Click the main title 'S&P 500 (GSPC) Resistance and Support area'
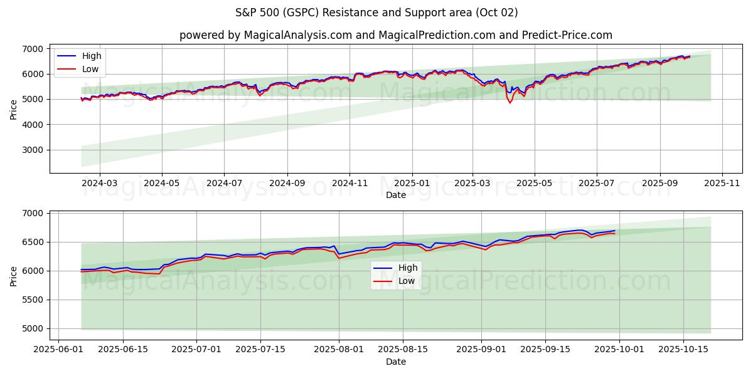376,13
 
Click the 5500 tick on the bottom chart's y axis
33,300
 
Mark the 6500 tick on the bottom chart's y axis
33,242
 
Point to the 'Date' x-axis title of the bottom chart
395,362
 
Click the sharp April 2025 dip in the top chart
510,102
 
